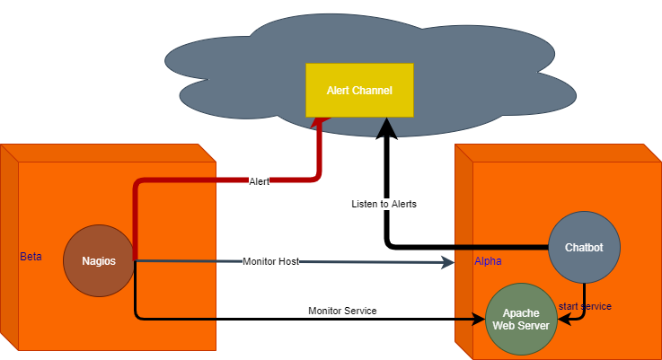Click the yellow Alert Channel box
pyautogui.click(x=359, y=90)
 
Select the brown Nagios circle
pyautogui.click(x=99, y=261)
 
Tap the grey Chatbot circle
pyautogui.click(x=584, y=247)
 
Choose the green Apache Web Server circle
pyautogui.click(x=521, y=319)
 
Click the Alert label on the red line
pyautogui.click(x=259, y=181)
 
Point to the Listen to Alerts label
pyautogui.click(x=384, y=204)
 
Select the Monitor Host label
pyautogui.click(x=270, y=261)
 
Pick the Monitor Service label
pyautogui.click(x=342, y=311)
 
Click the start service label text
pyautogui.click(x=586, y=306)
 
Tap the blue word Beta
pyautogui.click(x=31, y=257)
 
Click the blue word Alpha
pyautogui.click(x=488, y=261)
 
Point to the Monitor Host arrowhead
pyautogui.click(x=450, y=261)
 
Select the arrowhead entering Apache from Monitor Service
pyautogui.click(x=481, y=319)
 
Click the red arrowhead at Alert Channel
pyautogui.click(x=318, y=123)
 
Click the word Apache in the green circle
pyautogui.click(x=521, y=312)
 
